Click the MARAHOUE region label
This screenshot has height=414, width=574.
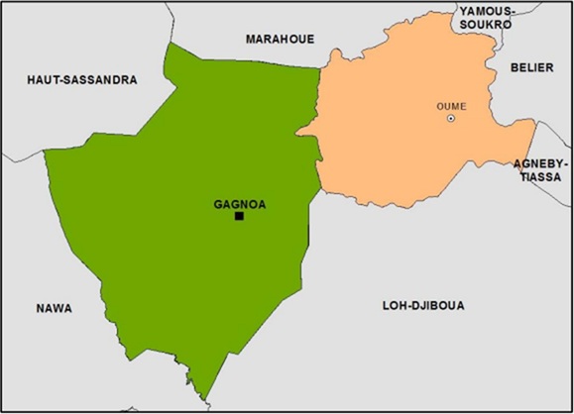tap(280, 39)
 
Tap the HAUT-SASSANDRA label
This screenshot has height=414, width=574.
tap(82, 79)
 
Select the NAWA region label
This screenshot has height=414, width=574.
tap(54, 308)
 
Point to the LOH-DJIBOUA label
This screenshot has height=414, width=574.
tap(423, 305)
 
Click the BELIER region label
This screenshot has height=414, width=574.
tap(530, 67)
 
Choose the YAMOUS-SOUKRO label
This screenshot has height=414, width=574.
tap(486, 19)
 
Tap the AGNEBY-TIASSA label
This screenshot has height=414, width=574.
tap(540, 169)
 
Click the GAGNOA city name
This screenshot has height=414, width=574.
tap(240, 205)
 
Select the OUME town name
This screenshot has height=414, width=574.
tap(451, 106)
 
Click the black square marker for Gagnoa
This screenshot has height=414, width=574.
tap(239, 216)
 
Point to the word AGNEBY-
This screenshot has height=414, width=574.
tap(540, 162)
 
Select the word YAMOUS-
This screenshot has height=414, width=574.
tap(486, 11)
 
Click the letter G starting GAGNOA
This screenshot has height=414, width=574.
tap(218, 205)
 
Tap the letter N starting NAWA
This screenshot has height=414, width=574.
tap(39, 308)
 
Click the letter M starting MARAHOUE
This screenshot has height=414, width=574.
tap(250, 39)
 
